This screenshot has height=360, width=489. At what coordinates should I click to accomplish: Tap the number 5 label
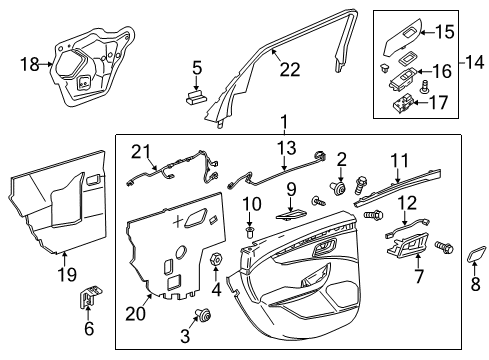pyautogui.click(x=197, y=69)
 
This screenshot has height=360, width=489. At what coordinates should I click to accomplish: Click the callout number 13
pyautogui.click(x=287, y=148)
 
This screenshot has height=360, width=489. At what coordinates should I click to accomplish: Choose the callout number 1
pyautogui.click(x=285, y=122)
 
